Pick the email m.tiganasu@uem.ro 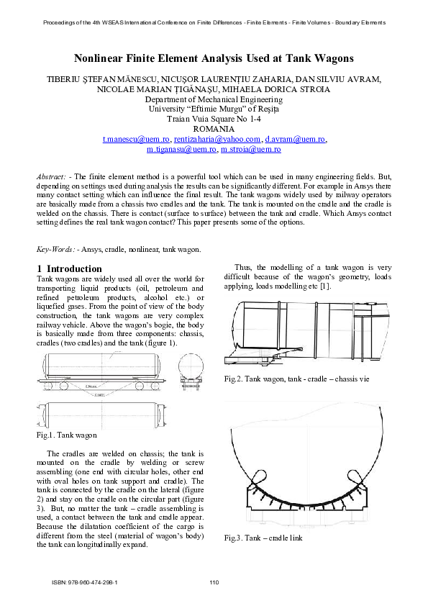(181, 149)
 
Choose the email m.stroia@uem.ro (250, 149)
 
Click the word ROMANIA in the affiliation (214, 129)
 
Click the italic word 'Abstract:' (53, 176)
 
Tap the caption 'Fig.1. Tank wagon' (66, 435)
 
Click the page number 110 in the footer (214, 582)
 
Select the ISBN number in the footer (84, 582)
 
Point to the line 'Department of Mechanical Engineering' (214, 99)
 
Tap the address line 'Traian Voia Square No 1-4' (214, 119)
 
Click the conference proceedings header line (214, 22)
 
